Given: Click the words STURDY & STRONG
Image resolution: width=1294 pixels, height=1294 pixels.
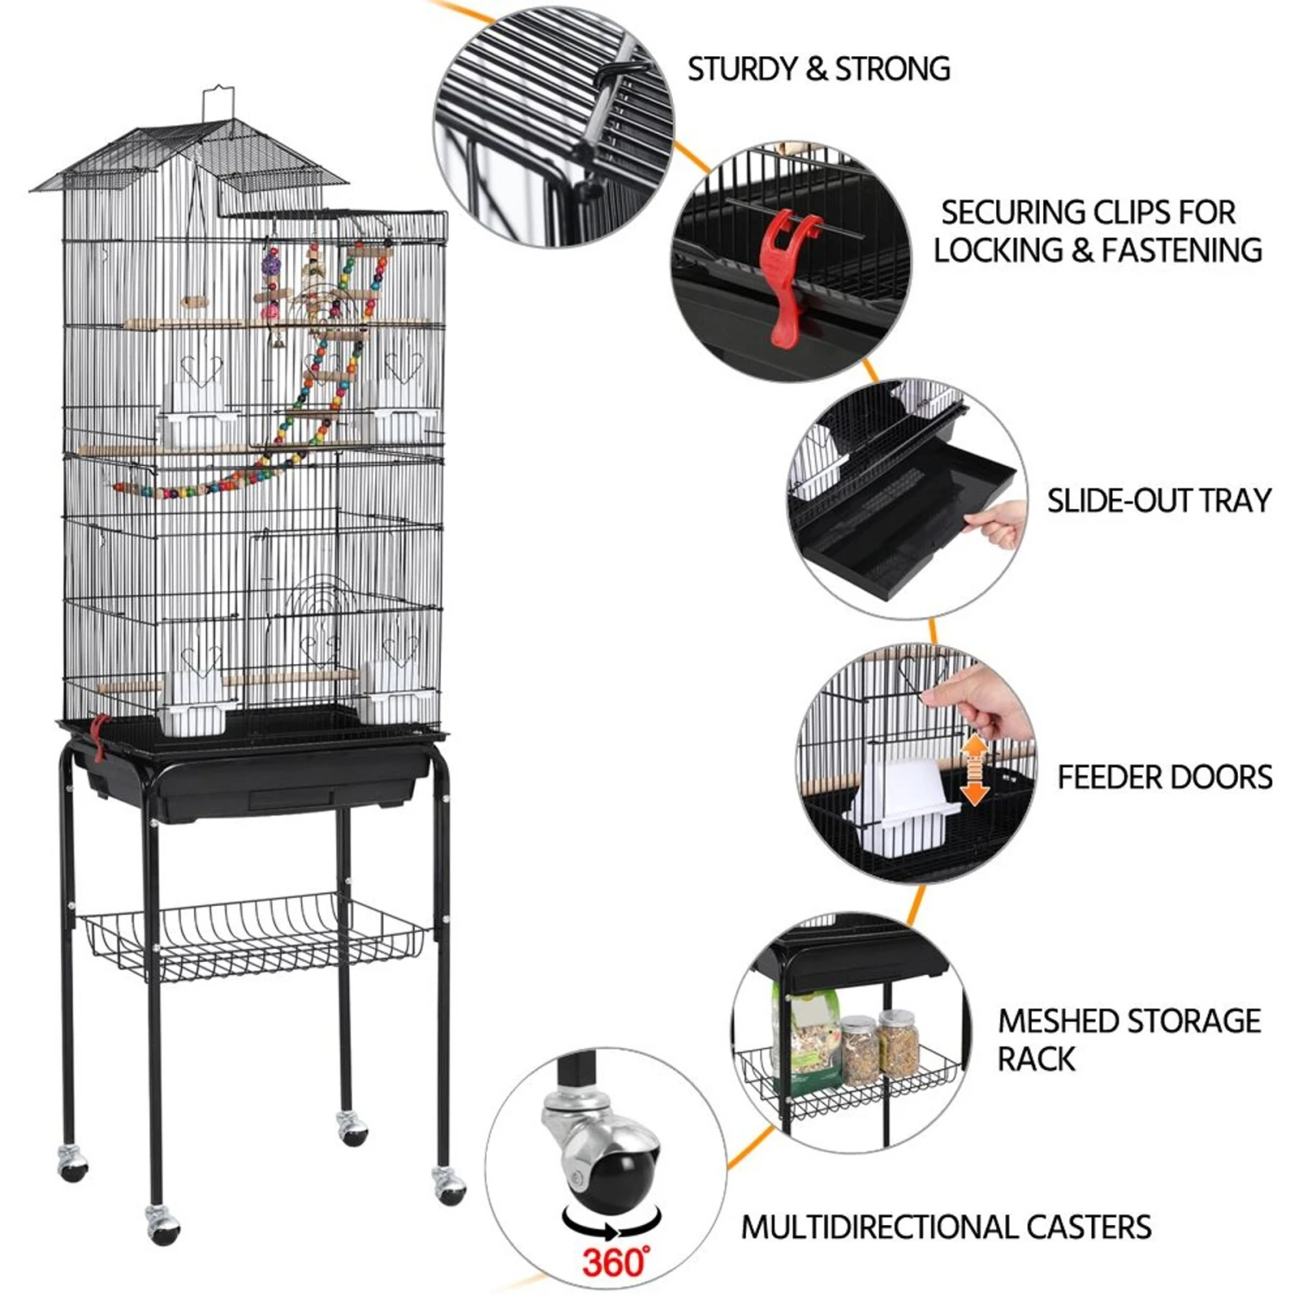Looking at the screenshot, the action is coord(819,69).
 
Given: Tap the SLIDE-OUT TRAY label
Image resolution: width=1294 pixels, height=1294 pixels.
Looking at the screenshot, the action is coord(1159,500).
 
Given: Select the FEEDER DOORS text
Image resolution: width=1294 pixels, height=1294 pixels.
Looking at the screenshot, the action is coord(1165,777).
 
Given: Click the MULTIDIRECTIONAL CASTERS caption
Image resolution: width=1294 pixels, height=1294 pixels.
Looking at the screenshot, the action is coord(946,1227).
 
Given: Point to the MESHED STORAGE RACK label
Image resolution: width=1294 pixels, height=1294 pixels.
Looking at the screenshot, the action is coord(1128,1040).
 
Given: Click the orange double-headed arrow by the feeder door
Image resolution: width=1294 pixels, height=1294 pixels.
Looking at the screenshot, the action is coord(974,770).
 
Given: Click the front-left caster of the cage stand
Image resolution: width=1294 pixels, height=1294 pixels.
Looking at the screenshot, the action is coord(161,1222).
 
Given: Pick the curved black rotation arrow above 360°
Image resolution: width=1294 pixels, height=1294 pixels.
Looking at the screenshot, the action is coord(612,1223).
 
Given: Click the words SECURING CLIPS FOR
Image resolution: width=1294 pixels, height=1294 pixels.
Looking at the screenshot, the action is coord(1088,212).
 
